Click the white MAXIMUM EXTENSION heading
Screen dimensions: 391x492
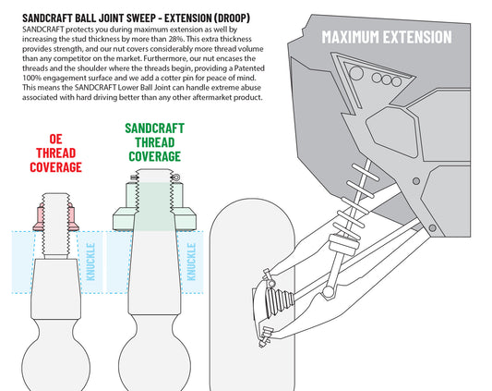click(387, 37)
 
